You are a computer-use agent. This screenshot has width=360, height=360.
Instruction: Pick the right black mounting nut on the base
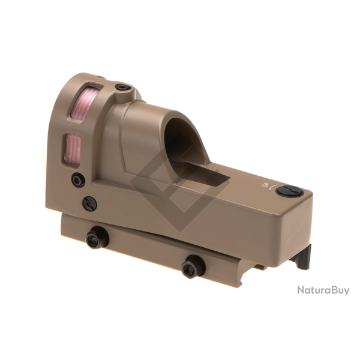[x=193, y=265]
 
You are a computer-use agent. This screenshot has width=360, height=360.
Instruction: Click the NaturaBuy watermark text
[x=323, y=290]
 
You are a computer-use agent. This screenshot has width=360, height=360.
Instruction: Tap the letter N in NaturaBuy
[x=301, y=290]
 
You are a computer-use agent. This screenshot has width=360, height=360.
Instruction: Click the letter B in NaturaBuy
[x=332, y=290]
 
